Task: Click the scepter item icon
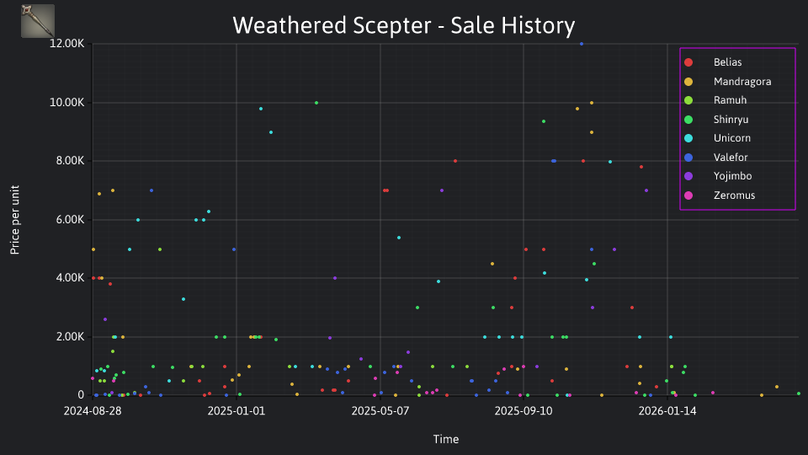click(38, 21)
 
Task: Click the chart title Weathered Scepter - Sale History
click(403, 25)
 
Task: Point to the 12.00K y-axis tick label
click(66, 44)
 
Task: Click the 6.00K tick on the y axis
click(69, 220)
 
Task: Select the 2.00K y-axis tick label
click(69, 337)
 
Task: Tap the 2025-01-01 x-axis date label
click(236, 411)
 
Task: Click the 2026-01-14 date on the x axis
click(667, 411)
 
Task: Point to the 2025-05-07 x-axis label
click(380, 411)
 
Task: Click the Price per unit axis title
click(15, 220)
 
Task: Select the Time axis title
click(446, 440)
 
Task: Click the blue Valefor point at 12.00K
click(582, 44)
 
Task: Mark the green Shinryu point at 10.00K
click(316, 103)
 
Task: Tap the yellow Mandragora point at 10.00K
click(592, 103)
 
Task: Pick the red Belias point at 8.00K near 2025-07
click(455, 161)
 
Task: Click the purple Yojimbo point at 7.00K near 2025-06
click(442, 190)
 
